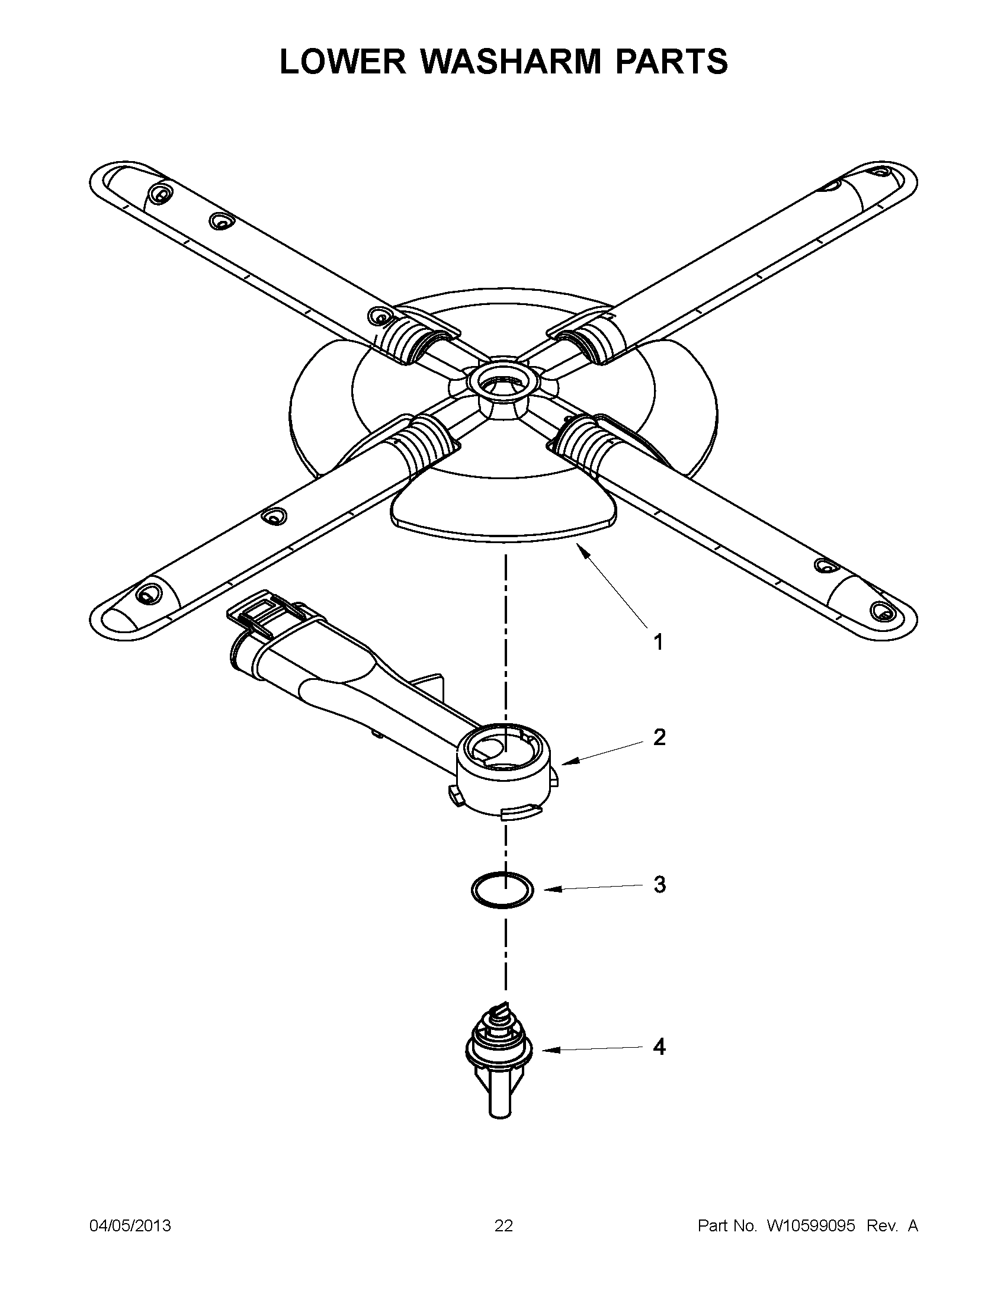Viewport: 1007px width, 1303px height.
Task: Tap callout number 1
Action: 658,643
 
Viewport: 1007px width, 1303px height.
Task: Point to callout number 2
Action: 659,738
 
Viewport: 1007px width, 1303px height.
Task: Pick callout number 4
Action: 659,1047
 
